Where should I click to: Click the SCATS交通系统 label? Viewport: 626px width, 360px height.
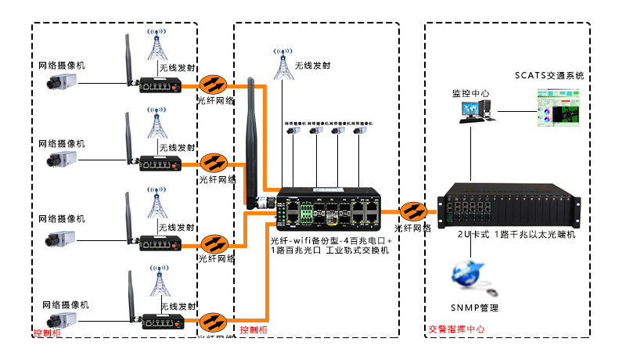coord(549,76)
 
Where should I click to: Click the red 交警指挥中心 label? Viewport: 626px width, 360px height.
coord(457,329)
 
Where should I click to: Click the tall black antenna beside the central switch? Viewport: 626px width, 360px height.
coord(252,145)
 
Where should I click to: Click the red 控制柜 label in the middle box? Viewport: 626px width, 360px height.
coord(254,330)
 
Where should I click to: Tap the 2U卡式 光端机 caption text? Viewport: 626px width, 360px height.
coord(516,234)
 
